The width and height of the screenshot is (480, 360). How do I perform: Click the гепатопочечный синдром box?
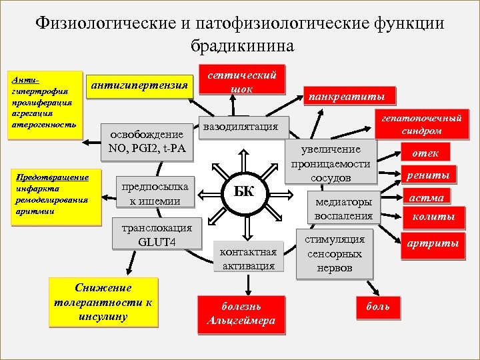(421, 123)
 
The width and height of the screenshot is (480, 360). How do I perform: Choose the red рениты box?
(428, 176)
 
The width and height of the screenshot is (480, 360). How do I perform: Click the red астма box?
(425, 197)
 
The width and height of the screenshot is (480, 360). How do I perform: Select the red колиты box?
(433, 217)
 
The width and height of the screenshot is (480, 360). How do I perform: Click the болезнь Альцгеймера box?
(241, 314)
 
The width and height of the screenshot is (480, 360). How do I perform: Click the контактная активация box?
(247, 257)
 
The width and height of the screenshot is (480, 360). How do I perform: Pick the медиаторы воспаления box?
(344, 207)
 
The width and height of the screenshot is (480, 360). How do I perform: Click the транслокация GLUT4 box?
(157, 234)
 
